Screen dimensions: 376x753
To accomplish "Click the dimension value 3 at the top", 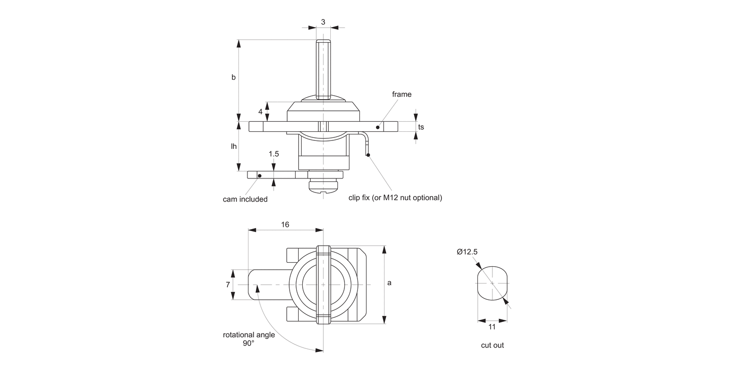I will coord(323,22).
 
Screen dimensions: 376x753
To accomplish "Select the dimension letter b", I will coord(233,77).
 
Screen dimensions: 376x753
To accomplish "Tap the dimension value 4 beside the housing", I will coord(261,111).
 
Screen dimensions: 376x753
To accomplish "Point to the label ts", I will coord(421,127).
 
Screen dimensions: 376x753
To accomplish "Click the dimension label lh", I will coord(234,146).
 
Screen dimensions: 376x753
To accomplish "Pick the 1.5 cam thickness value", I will coord(274,154).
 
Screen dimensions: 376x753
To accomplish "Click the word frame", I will coord(402,94).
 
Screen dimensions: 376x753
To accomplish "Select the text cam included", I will coord(245,199).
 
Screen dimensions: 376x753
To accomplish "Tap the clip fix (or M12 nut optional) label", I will coord(395,198).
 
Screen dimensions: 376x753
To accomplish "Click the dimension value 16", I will coord(285,225).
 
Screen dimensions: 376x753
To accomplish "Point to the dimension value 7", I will coord(228,284).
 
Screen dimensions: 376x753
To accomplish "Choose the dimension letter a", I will coord(389,283).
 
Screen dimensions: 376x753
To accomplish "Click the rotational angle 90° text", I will coord(249,339).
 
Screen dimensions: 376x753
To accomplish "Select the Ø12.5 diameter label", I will coord(467,252).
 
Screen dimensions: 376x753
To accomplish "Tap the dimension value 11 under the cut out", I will coord(492,326).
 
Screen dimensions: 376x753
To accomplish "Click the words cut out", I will coord(492,345).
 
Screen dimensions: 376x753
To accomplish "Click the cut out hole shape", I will coord(492,283).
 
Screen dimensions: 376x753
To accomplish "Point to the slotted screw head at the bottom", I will coord(324,187).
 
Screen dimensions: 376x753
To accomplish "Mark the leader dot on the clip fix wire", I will coord(368,155).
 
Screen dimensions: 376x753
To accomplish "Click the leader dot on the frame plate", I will coord(378,127).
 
